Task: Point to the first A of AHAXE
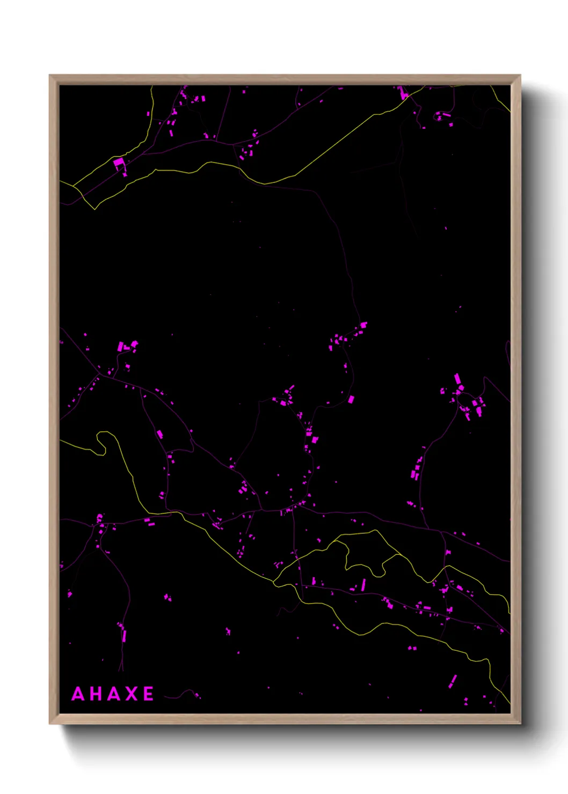point(78,694)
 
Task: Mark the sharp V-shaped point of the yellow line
point(95,209)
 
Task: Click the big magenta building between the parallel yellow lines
point(118,161)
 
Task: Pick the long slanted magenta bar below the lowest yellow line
point(453,681)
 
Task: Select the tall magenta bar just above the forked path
point(124,636)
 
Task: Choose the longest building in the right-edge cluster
point(457,379)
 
